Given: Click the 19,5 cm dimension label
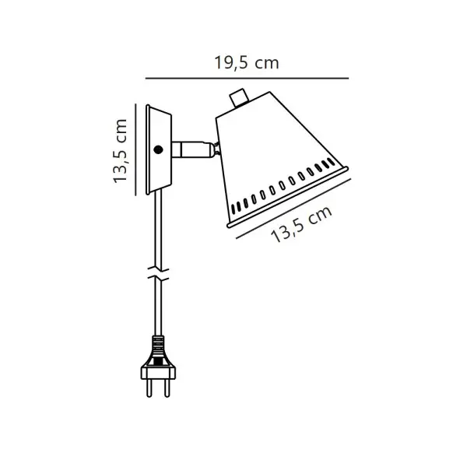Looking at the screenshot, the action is [x=247, y=63].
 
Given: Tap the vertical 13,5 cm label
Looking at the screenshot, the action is [x=121, y=151].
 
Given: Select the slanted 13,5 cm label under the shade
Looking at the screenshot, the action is [x=301, y=224].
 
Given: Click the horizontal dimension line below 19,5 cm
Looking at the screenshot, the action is [x=247, y=79].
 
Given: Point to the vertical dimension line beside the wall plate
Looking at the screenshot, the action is [x=135, y=149].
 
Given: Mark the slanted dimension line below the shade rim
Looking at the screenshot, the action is [x=293, y=209].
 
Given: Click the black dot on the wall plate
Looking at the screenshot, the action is [x=158, y=149].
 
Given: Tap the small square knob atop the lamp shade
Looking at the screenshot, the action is [x=239, y=97].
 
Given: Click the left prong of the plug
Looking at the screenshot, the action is [x=149, y=387].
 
